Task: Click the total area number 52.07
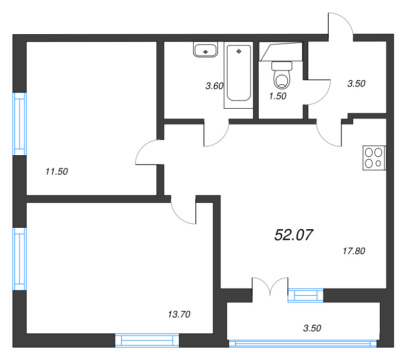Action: [294, 235]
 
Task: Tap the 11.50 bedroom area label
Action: [56, 172]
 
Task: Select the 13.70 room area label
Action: [179, 315]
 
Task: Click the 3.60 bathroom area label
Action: [214, 86]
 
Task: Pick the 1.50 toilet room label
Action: [277, 95]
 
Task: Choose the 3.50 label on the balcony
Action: [312, 328]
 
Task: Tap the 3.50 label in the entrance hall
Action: [356, 84]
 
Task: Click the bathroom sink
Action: [206, 50]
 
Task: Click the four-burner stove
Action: [373, 158]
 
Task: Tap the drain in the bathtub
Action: [238, 52]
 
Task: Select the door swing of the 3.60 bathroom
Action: [216, 134]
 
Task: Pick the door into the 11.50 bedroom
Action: [149, 153]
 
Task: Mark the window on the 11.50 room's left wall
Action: [19, 124]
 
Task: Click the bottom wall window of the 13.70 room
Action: [147, 340]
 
